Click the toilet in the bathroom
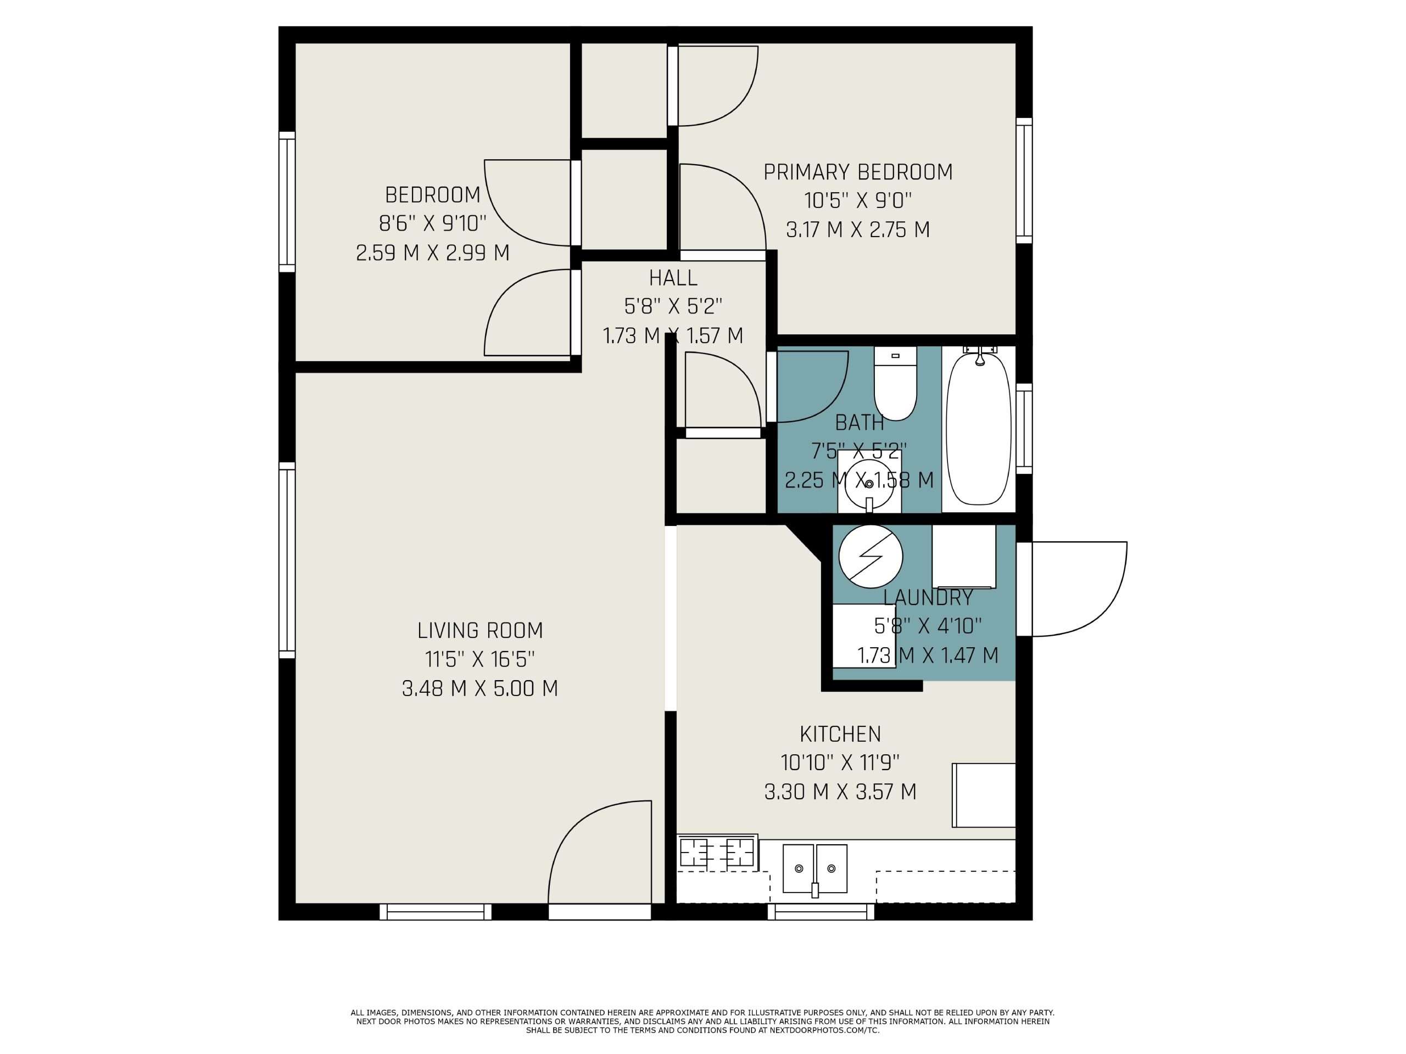coord(895,383)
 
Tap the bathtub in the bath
coord(978,429)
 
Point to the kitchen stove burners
coord(717,853)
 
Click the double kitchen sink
coord(815,868)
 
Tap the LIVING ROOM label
coord(480,631)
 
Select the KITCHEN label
coord(840,735)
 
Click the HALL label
coord(673,278)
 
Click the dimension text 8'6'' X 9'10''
coord(433,223)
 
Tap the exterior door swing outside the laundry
coord(1079,589)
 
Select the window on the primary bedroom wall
coord(1024,181)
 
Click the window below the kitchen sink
coord(821,912)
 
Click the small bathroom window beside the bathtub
coord(1024,428)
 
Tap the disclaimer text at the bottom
coord(702,1022)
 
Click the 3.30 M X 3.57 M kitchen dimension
coord(840,792)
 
